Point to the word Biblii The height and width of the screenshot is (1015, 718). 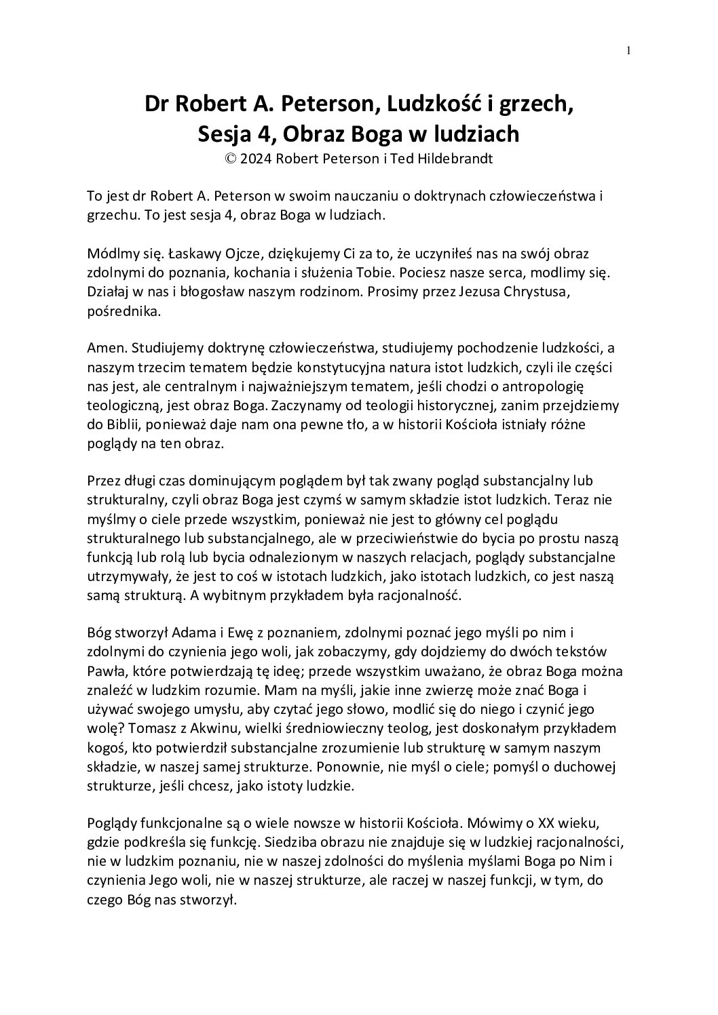pos(120,424)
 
